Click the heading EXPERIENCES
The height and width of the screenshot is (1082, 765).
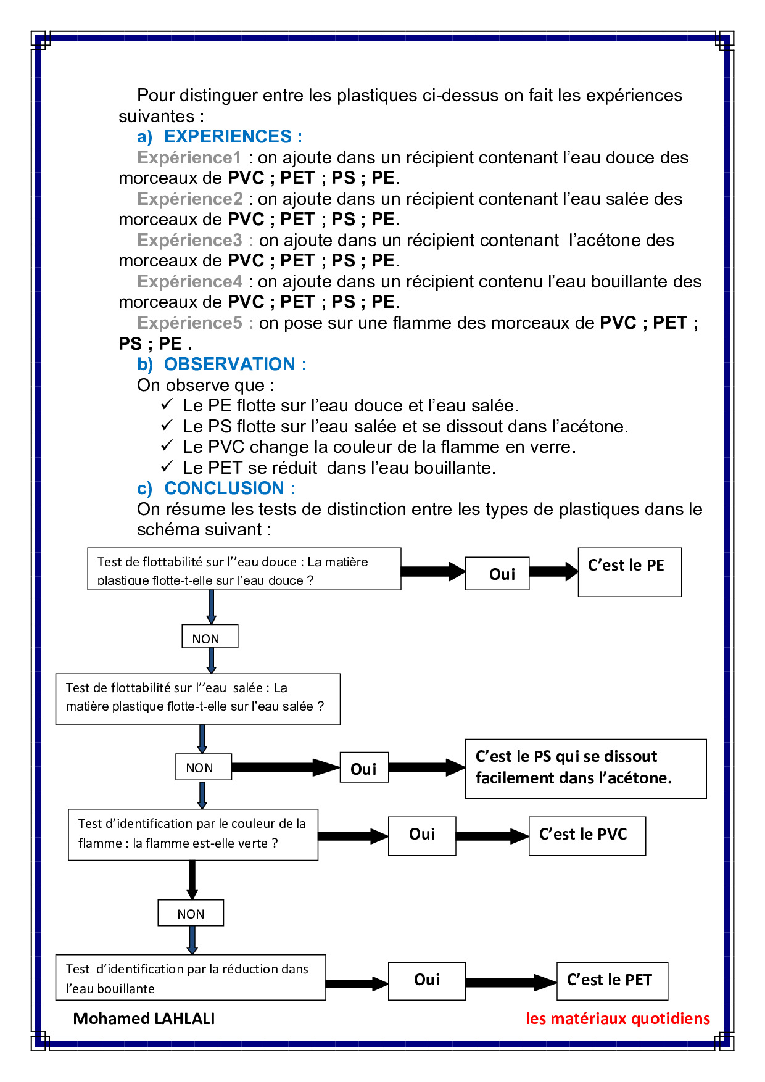coord(233,136)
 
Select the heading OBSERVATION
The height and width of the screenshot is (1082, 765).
coord(235,364)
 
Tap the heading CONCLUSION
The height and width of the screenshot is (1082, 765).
coord(229,488)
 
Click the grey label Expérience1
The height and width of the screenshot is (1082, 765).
coord(189,157)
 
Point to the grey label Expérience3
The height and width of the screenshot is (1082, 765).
coord(189,240)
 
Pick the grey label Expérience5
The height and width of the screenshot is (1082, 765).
coord(189,323)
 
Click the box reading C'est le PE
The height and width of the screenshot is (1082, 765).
coord(629,572)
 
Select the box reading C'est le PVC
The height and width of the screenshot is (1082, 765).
coord(587,836)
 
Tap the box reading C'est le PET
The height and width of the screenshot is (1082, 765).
coord(611,980)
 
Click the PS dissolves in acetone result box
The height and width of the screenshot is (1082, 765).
coord(585,769)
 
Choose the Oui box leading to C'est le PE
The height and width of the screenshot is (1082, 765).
coord(497,574)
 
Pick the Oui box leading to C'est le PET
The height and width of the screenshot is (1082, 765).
coord(426,980)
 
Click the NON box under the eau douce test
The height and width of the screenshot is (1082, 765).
coord(210,637)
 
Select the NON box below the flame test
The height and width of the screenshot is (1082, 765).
coord(191,913)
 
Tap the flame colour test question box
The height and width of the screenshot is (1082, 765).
coord(193,834)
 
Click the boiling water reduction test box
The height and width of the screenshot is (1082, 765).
coord(191,978)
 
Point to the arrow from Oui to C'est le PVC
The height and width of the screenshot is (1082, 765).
coord(492,836)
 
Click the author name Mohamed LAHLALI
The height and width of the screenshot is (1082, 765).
coord(144,1018)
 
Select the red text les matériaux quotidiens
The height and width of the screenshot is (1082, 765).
coord(618,1018)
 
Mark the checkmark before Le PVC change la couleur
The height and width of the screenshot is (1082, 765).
coord(167,445)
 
